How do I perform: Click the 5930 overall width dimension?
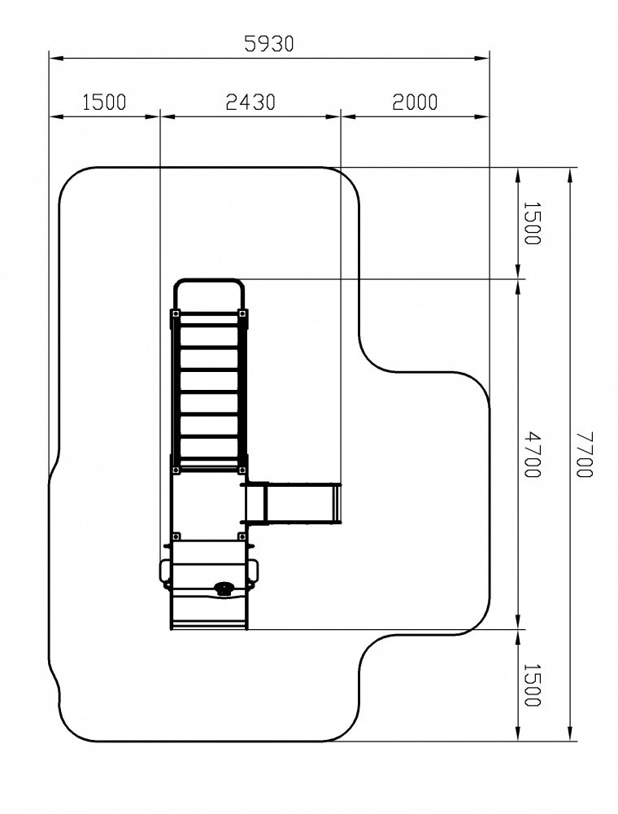click(269, 44)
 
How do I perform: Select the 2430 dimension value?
click(250, 103)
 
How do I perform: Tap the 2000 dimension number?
click(415, 103)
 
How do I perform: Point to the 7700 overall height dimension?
click(585, 454)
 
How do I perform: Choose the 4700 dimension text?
click(533, 454)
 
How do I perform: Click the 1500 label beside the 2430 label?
click(104, 103)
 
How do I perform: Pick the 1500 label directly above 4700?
click(533, 223)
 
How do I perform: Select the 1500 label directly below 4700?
click(533, 685)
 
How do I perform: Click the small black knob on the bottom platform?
click(224, 588)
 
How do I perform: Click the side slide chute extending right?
click(294, 504)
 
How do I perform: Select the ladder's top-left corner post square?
click(176, 314)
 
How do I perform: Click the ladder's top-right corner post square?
click(242, 314)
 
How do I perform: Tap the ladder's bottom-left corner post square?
click(176, 470)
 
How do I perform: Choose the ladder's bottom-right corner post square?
click(242, 470)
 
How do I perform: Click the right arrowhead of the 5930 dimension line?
click(482, 58)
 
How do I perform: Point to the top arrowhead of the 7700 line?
click(570, 175)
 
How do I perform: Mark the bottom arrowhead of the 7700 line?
click(570, 733)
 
